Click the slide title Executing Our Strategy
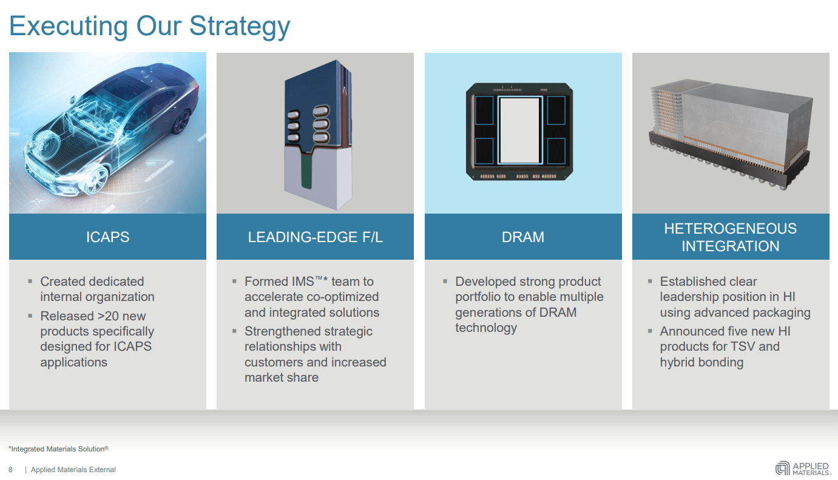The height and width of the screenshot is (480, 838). click(150, 27)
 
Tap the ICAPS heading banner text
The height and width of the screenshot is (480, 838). click(107, 237)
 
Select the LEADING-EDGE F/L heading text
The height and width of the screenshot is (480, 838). click(315, 237)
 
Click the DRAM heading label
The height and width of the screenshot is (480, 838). click(522, 237)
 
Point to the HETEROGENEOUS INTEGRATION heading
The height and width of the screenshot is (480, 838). click(730, 237)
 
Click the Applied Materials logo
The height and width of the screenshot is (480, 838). click(802, 468)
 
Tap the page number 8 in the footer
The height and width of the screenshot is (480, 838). click(10, 470)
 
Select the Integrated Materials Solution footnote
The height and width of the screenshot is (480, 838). click(58, 449)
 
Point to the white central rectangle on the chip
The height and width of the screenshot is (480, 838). click(519, 130)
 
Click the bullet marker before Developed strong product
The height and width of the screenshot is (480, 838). click(445, 281)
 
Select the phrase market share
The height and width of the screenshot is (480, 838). click(282, 377)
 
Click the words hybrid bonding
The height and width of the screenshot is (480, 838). click(701, 362)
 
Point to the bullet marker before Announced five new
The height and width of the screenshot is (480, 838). click(650, 331)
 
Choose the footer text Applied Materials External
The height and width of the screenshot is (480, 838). click(73, 470)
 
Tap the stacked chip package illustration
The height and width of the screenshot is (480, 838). click(730, 130)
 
